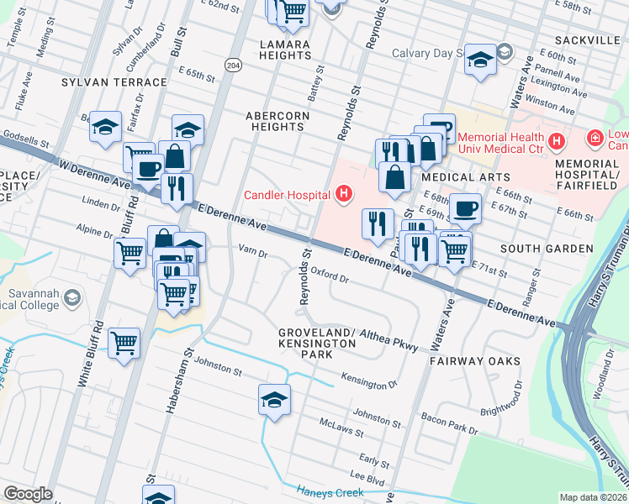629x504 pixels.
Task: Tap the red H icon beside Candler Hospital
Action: (343, 196)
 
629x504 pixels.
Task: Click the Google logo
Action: (28, 493)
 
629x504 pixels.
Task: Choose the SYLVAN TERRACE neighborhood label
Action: (114, 82)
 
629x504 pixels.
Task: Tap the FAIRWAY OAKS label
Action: (474, 361)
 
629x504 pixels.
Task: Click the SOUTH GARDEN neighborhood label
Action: (547, 249)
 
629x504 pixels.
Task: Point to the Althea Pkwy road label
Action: (388, 339)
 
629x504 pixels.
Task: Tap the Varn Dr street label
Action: (252, 251)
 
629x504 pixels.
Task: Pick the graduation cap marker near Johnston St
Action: (274, 398)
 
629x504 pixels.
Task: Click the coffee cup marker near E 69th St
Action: (465, 207)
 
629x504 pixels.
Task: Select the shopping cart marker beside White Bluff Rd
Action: (124, 343)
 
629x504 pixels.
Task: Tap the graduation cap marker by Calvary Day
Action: (480, 59)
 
